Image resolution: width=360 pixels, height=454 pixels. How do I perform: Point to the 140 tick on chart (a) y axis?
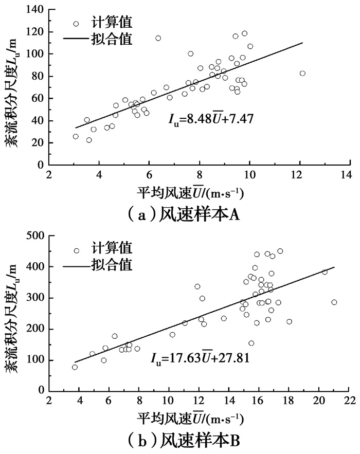(x=35, y=10)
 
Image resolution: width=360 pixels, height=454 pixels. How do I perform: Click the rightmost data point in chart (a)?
(x=302, y=74)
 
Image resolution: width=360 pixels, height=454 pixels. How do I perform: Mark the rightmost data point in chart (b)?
(x=334, y=302)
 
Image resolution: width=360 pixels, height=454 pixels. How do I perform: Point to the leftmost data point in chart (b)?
(x=75, y=367)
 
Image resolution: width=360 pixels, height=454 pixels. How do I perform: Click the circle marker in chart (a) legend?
(x=76, y=24)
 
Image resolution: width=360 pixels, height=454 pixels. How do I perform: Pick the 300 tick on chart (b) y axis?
(x=35, y=298)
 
